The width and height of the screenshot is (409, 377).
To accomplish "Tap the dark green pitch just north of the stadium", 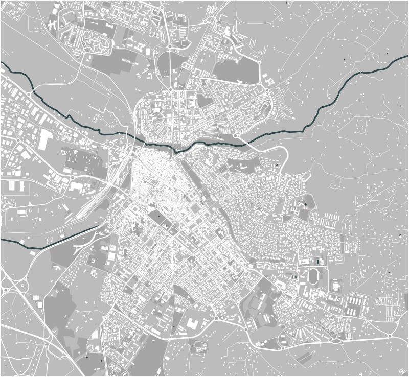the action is coord(320,263).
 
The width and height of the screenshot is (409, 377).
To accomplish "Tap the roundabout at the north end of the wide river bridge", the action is coord(236,136).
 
